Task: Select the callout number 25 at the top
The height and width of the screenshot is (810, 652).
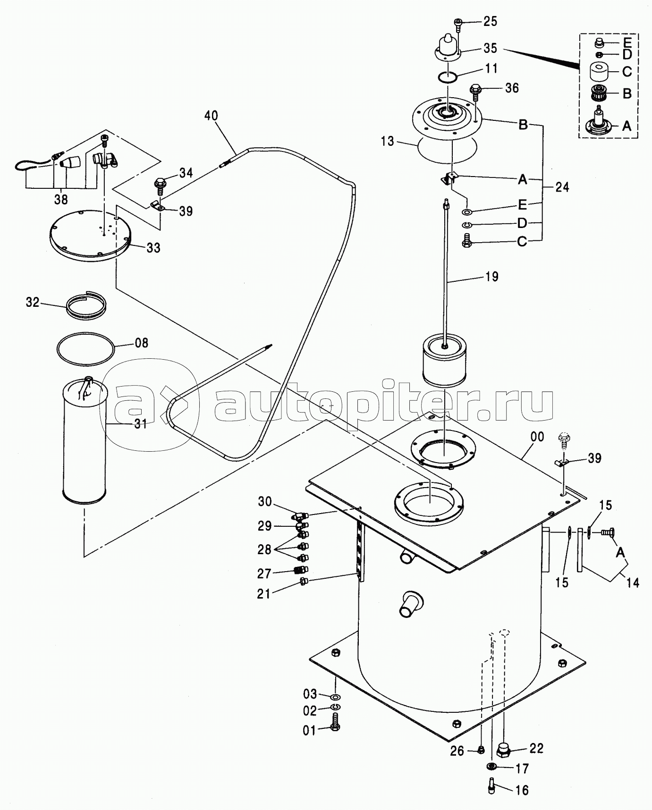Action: point(491,21)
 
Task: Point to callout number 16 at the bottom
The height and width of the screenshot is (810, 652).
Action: point(522,790)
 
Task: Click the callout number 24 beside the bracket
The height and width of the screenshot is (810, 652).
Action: point(562,187)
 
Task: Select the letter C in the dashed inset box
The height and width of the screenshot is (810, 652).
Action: point(627,72)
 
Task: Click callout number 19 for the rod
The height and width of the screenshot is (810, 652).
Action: point(491,276)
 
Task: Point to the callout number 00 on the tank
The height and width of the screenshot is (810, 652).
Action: point(537,437)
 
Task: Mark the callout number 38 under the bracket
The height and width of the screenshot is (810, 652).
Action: point(60,200)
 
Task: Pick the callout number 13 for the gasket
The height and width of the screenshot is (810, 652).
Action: point(388,141)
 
